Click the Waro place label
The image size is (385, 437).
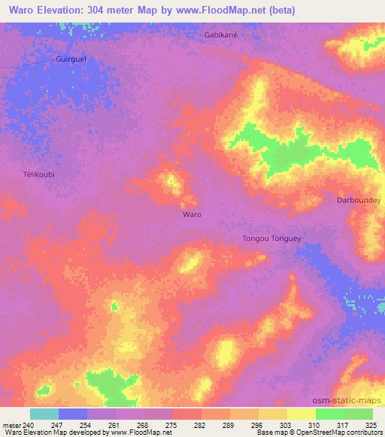[x=192, y=214]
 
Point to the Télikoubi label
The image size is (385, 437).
[x=39, y=174]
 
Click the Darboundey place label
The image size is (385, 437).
[x=359, y=200]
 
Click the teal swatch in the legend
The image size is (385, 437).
[x=44, y=414]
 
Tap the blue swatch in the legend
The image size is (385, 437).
[x=73, y=414]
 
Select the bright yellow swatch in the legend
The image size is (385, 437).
[x=301, y=414]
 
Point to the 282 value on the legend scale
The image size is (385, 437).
[x=200, y=425]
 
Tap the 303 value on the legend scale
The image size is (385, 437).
[x=286, y=425]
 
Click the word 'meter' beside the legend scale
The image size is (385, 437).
[x=11, y=425]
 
